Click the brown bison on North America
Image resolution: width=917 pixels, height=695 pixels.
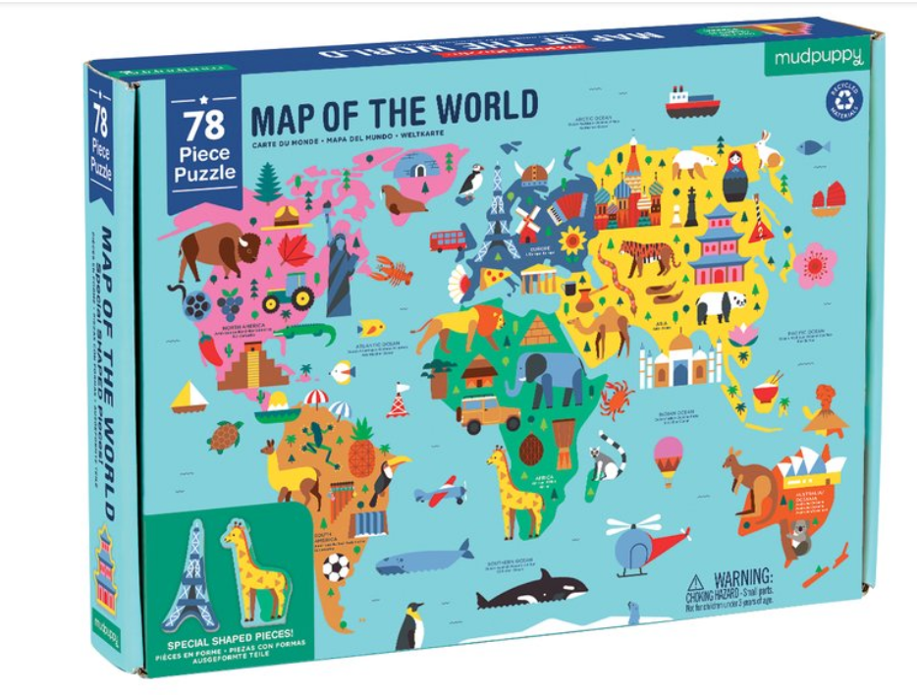click(x=218, y=250)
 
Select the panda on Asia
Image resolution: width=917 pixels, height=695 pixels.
click(x=722, y=307)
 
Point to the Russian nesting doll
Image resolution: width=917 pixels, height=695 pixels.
click(x=734, y=177)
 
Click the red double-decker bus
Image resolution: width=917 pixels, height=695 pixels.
click(x=449, y=239)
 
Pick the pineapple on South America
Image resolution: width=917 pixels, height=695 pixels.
click(x=362, y=454)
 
